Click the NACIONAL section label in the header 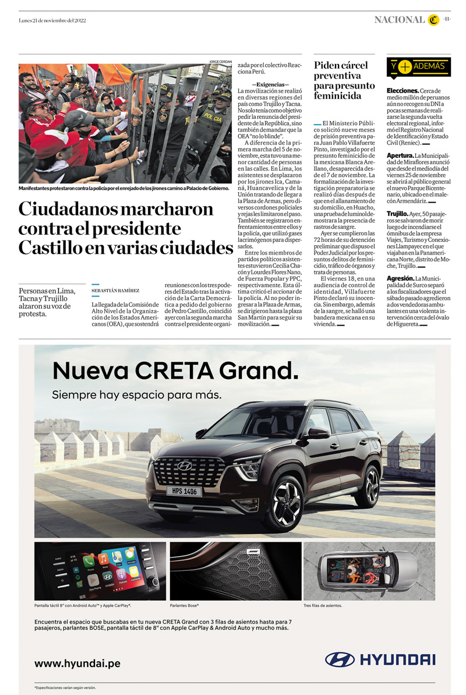tap(399, 20)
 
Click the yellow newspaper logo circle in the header tap(433, 20)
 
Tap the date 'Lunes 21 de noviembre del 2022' tap(52, 20)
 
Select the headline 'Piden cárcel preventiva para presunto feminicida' tap(344, 80)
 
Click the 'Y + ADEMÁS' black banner tap(418, 66)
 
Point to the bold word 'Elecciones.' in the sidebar tap(403, 91)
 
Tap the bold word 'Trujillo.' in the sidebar tap(399, 214)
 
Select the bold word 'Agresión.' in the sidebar tap(400, 278)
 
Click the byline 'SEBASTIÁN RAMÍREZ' tap(115, 290)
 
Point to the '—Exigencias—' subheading tap(266, 84)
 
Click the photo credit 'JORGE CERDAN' tap(221, 61)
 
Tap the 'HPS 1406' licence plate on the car tap(185, 491)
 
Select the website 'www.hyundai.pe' tap(77, 663)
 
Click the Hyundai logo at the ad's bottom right tap(380, 659)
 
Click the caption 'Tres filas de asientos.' tap(323, 605)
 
